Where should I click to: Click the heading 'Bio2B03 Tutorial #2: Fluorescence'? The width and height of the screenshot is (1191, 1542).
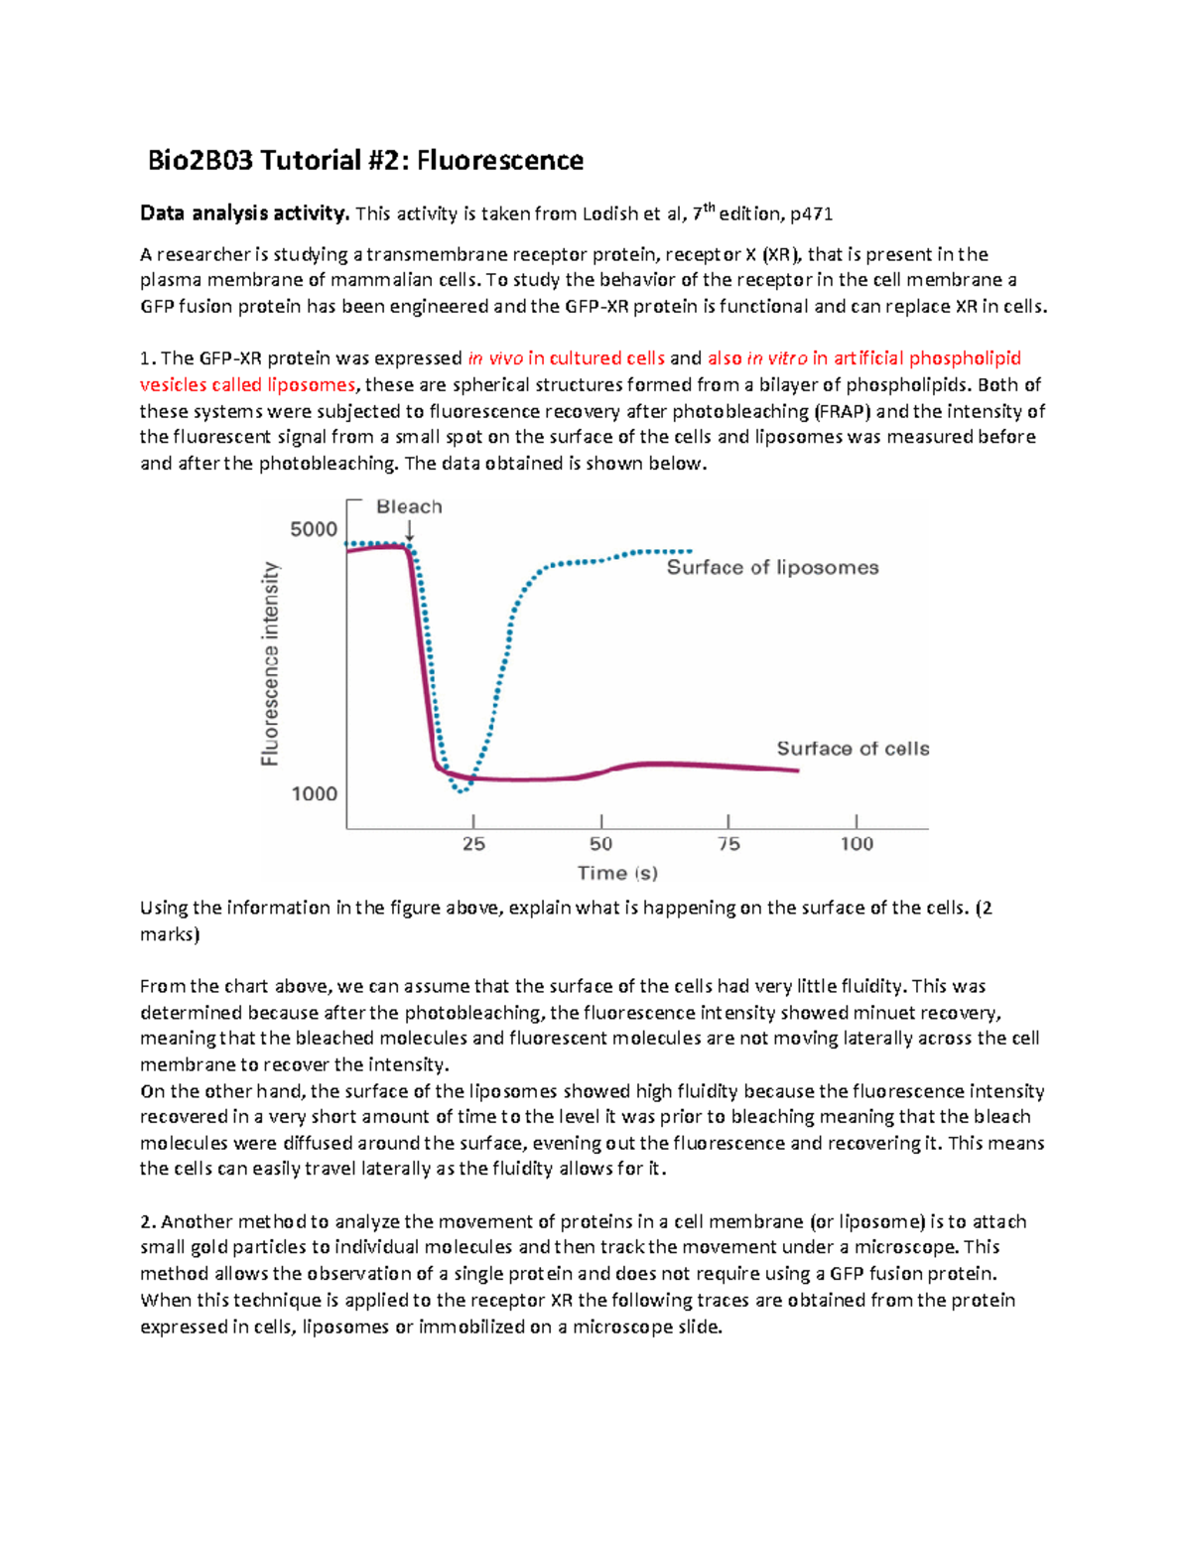coord(365,161)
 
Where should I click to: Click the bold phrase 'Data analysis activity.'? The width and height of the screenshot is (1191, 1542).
coord(244,213)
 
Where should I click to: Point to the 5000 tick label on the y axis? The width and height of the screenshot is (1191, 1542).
coord(314,529)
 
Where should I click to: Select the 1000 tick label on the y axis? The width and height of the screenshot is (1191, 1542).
coord(314,793)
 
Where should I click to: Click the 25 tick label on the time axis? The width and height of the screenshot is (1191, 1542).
coord(473,844)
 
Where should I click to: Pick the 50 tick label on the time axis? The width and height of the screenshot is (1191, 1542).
coord(600,844)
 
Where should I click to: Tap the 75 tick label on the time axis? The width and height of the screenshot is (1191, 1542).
coord(728,844)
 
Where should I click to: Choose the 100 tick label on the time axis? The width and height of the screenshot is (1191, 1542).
coord(857,844)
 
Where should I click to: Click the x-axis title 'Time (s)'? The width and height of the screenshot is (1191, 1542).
coord(617,873)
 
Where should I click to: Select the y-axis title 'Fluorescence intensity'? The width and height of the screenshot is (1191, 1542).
coord(270,663)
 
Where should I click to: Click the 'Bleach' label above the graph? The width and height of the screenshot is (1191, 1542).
coord(409,506)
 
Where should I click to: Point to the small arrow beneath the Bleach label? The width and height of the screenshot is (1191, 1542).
coord(409,531)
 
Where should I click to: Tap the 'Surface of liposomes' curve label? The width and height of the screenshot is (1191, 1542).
coord(772,567)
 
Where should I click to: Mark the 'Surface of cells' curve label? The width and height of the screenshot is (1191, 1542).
coord(853,749)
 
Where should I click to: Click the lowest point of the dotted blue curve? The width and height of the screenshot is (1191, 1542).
coord(461,790)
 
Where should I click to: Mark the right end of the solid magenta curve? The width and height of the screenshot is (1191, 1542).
coord(797,771)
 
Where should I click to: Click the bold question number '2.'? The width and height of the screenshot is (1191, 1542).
coord(148,1221)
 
